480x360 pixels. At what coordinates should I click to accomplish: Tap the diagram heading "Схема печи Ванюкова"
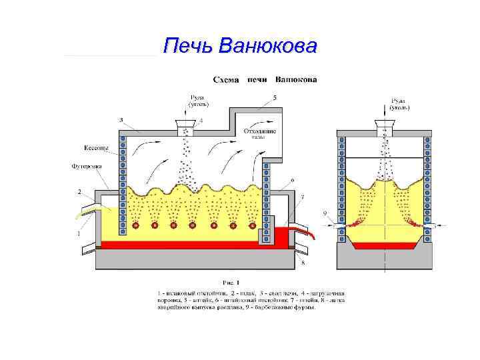(265, 79)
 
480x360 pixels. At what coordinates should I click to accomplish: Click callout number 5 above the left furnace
(274, 98)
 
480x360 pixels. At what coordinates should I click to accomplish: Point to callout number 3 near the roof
(121, 120)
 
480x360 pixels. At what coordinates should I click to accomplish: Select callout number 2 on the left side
(79, 191)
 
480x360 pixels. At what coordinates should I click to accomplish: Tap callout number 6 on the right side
(292, 180)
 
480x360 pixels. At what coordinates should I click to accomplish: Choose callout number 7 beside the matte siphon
(302, 197)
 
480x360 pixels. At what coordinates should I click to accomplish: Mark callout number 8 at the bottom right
(303, 264)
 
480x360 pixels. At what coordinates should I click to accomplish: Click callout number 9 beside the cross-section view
(325, 213)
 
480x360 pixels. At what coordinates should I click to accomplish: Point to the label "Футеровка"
(85, 165)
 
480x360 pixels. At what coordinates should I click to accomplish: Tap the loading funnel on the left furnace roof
(185, 124)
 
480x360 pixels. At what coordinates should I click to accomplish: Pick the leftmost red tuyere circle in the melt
(136, 225)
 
